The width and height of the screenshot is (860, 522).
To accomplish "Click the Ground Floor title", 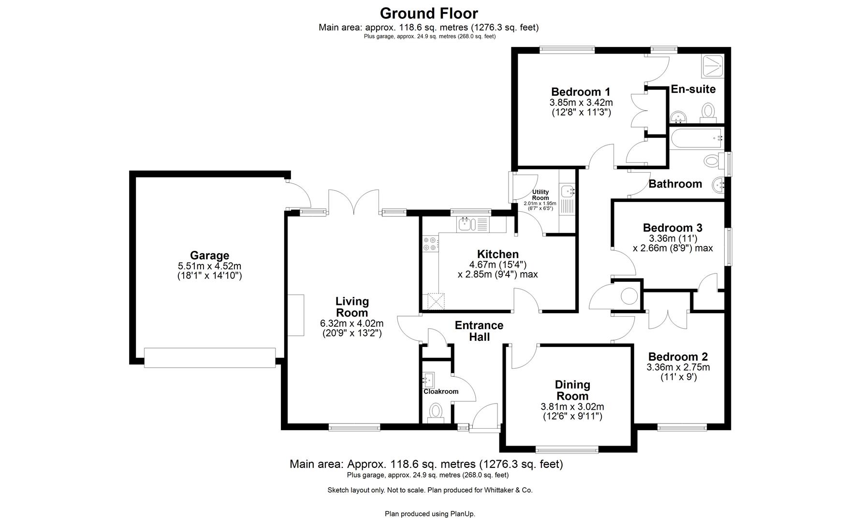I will (428, 13).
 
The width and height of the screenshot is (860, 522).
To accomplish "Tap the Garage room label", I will (209, 256).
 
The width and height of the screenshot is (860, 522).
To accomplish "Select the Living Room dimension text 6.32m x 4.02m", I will (351, 323).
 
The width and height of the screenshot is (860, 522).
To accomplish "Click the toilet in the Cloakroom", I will (436, 412).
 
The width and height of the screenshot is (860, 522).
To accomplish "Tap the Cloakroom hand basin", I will (429, 378).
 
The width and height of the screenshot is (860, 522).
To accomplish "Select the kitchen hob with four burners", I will (430, 244).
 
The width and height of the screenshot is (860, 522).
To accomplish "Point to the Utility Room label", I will (540, 195).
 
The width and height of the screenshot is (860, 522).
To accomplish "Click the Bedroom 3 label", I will (672, 228).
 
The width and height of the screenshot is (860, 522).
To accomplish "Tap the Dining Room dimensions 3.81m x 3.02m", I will (572, 407).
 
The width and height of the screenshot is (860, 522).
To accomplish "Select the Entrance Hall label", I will (479, 331).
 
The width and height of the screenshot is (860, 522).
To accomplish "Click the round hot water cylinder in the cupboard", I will (629, 296).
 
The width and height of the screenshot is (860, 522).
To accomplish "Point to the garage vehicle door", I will (210, 358).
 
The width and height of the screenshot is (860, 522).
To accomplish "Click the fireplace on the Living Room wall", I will (296, 315).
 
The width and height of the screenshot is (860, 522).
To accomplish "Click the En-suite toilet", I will (709, 111).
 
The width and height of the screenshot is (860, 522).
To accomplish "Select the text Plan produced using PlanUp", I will (430, 514).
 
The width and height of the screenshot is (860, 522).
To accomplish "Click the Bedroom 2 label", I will (678, 357).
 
